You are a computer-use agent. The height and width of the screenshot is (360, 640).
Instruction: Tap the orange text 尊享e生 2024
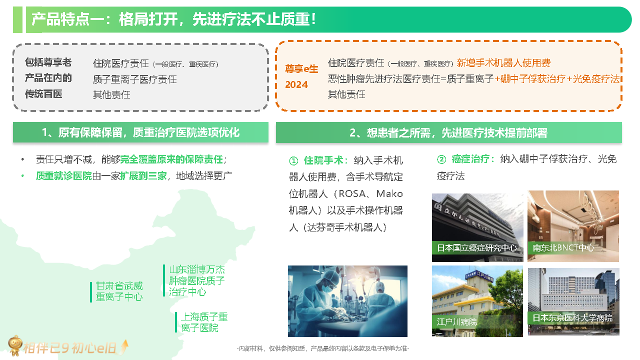tap(301, 76)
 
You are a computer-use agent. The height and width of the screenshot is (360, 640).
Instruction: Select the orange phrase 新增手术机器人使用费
tap(503, 63)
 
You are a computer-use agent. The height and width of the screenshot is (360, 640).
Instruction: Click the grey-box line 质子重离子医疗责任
tap(135, 79)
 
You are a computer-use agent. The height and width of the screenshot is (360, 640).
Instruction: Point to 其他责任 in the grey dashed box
tap(111, 94)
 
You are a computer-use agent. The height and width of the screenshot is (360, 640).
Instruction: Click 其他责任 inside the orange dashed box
tap(346, 94)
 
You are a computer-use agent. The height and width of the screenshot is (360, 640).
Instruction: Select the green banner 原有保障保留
tap(140, 132)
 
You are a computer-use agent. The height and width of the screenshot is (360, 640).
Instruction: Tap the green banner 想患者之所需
tap(448, 132)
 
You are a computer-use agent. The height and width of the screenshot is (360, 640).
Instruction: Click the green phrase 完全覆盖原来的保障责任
tap(171, 159)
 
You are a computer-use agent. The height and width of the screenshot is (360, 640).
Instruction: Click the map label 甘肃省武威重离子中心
tap(119, 291)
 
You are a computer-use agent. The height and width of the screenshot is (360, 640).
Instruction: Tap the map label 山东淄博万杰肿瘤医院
tap(196, 280)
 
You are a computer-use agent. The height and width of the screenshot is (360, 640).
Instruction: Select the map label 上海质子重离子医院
tap(204, 322)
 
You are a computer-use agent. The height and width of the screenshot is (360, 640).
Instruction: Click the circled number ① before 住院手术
tap(293, 161)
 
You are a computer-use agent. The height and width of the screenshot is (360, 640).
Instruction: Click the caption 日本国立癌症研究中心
tap(476, 247)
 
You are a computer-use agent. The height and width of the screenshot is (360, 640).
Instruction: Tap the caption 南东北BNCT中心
tap(563, 247)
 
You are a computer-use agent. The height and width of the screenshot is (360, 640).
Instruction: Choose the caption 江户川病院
tap(457, 322)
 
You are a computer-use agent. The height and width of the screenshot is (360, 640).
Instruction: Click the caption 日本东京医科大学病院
tap(572, 317)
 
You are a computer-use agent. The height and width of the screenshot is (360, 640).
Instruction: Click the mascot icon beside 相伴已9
tap(15, 345)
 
